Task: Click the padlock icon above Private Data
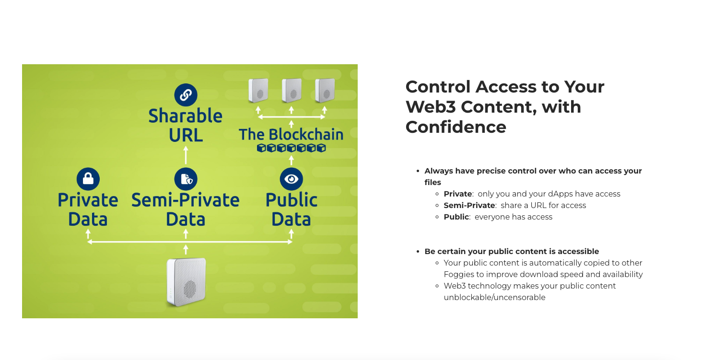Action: click(88, 179)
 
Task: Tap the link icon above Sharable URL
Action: click(186, 95)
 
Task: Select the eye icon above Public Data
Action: click(292, 179)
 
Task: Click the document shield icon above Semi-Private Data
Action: click(186, 179)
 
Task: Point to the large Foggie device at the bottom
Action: click(186, 282)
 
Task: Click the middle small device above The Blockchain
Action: click(292, 91)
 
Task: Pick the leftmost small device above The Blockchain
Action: click(258, 91)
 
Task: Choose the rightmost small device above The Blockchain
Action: click(325, 91)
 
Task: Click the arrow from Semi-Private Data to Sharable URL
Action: click(186, 155)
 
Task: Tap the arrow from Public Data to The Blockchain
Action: click(292, 161)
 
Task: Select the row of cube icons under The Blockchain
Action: click(292, 148)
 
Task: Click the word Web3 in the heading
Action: click(431, 107)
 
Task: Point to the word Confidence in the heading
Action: click(456, 127)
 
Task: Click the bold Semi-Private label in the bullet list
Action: click(469, 206)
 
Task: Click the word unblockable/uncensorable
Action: click(494, 298)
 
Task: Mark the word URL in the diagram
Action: click(186, 136)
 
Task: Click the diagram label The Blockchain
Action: click(291, 135)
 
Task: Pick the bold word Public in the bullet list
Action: click(456, 217)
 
